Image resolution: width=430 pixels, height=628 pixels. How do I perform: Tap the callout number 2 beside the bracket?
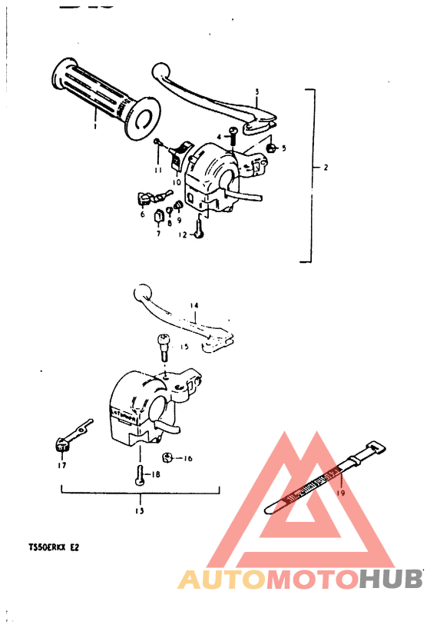[326, 167]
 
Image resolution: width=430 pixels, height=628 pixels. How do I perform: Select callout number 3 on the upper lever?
[257, 91]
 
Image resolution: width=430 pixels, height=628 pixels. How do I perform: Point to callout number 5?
[283, 148]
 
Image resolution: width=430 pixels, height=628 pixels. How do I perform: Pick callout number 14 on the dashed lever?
[193, 305]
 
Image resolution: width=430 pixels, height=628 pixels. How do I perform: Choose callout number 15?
[184, 347]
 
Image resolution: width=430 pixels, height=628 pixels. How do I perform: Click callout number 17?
[61, 465]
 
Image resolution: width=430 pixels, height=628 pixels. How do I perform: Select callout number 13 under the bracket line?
[140, 510]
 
